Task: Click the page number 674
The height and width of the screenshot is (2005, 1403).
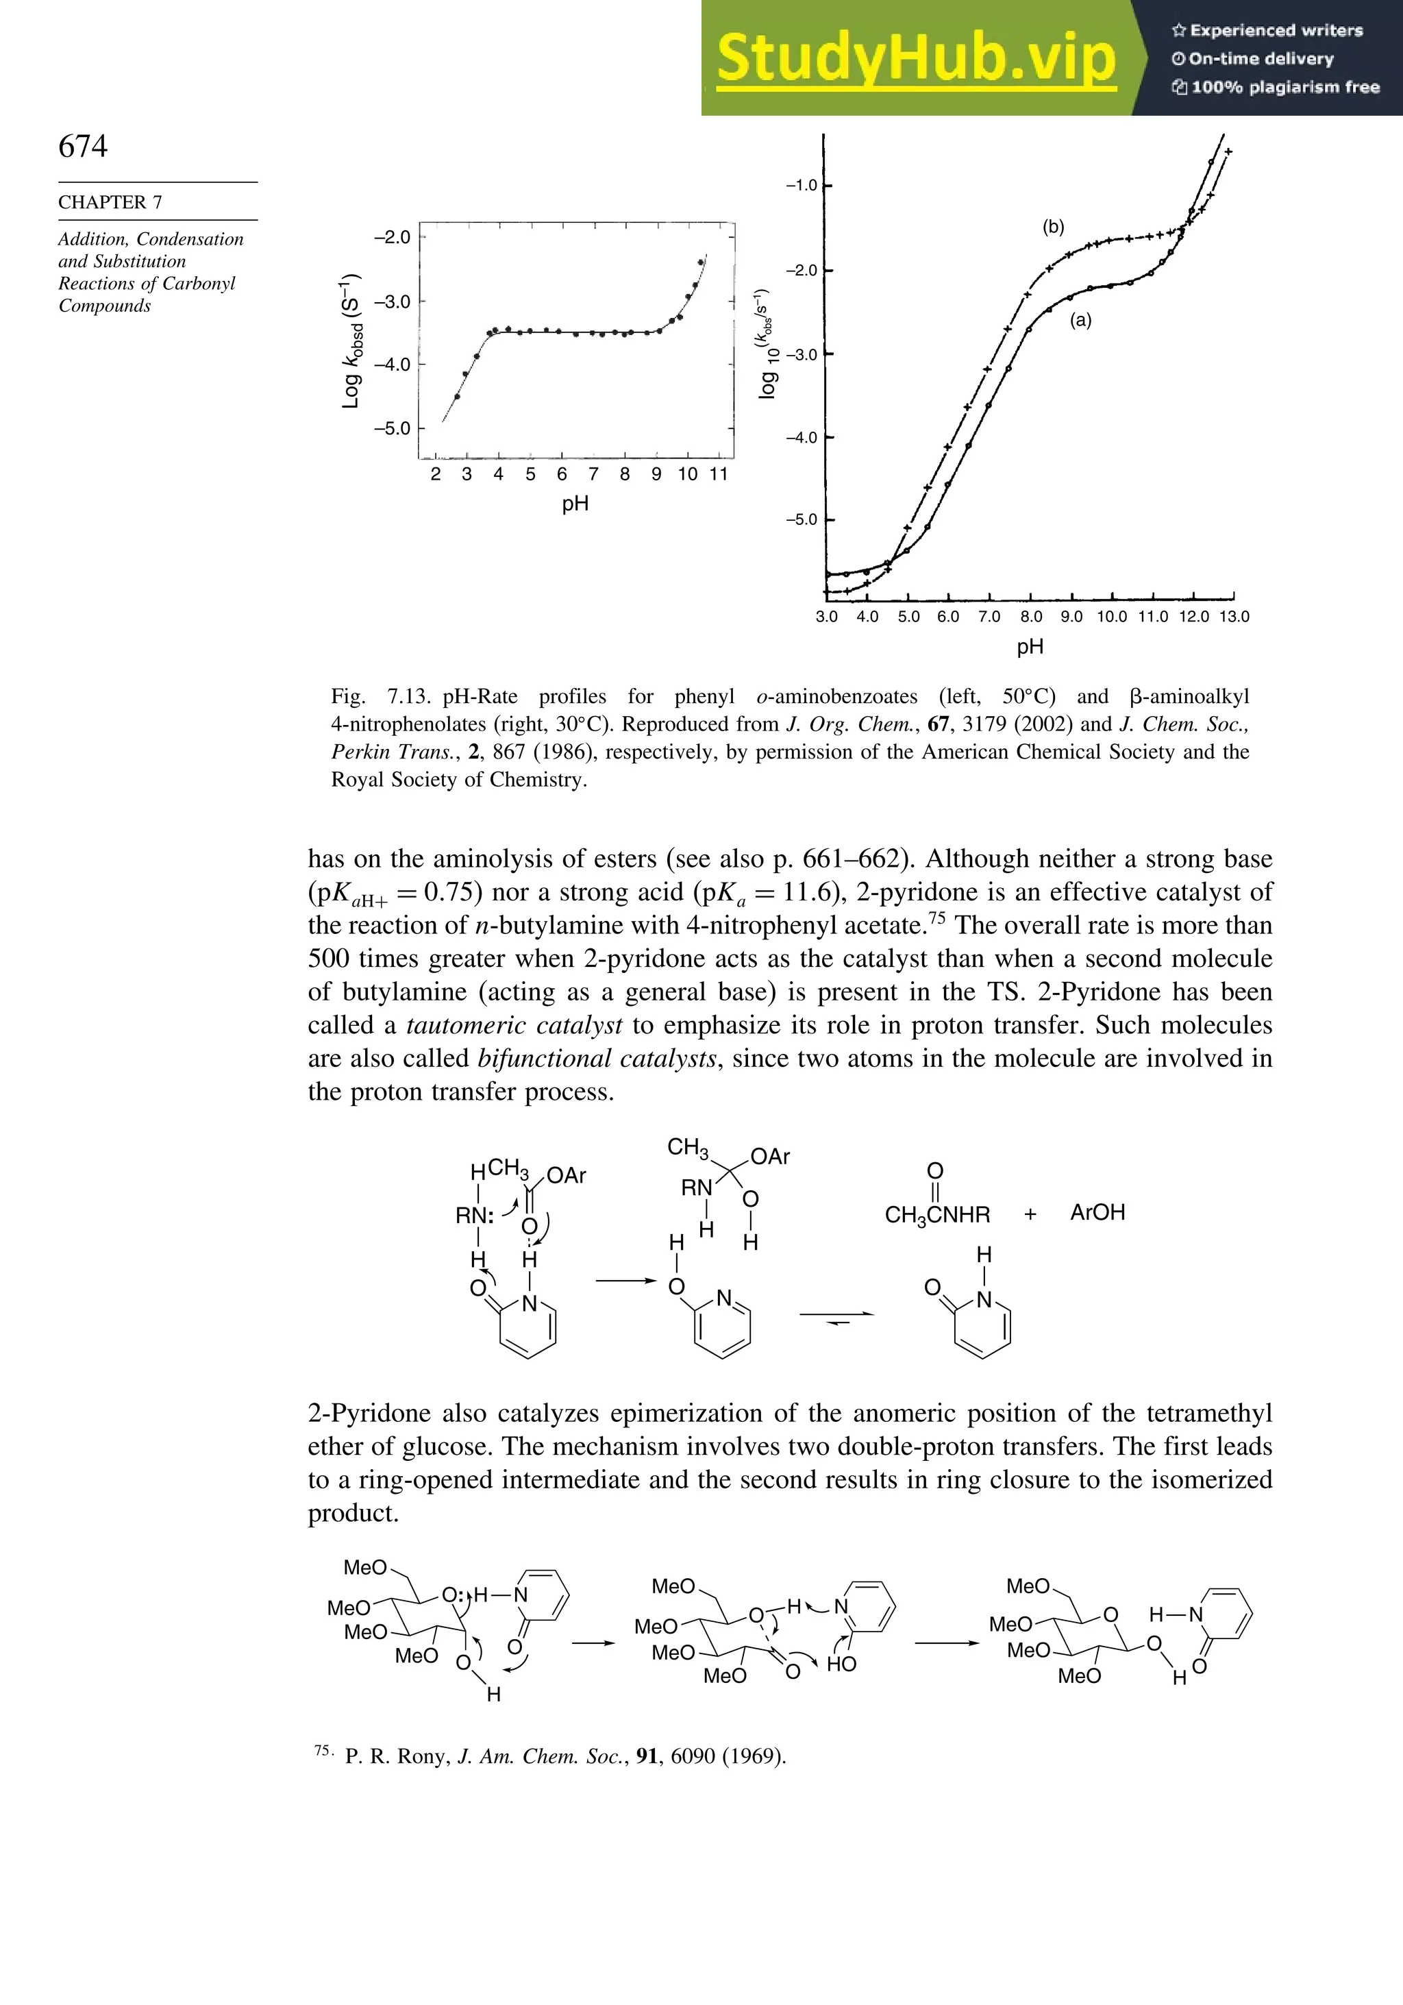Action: [x=83, y=146]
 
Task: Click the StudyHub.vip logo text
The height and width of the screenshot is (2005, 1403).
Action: [x=916, y=58]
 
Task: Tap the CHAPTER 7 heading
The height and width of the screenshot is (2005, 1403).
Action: [x=110, y=201]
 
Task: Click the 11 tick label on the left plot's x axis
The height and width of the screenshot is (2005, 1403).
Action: [x=719, y=474]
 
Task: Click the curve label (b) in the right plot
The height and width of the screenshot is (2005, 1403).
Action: [x=1053, y=227]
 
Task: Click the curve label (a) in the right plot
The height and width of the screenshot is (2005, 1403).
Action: [x=1081, y=321]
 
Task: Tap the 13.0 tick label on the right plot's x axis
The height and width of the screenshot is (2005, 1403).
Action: [x=1234, y=617]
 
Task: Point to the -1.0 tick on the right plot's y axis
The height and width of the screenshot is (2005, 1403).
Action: [x=802, y=185]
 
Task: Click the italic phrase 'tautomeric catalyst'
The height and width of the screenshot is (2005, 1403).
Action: [x=514, y=1025]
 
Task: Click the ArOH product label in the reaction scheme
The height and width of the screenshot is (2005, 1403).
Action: [x=1097, y=1213]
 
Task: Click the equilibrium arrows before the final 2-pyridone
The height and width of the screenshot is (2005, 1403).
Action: [x=836, y=1317]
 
